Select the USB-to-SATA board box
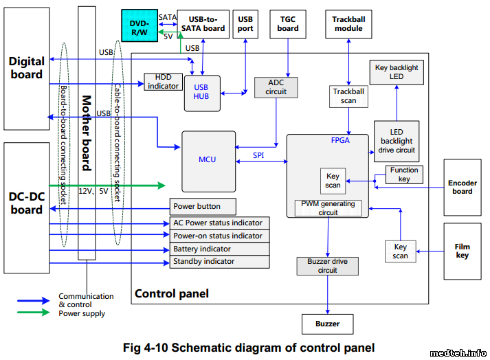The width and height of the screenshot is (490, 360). coord(203,24)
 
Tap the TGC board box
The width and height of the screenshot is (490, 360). coord(288,24)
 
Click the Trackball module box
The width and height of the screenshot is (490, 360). coord(348,24)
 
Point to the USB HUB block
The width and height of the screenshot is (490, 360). coord(201,92)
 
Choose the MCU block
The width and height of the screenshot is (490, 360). coord(207,160)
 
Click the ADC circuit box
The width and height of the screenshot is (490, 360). coord(276,87)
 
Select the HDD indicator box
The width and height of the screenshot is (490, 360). coord(163,82)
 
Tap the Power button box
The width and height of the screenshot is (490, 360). coord(203,206)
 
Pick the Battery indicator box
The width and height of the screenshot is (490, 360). coord(220,249)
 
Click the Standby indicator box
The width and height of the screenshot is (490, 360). coord(220,262)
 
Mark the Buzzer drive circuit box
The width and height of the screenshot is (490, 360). coord(328,266)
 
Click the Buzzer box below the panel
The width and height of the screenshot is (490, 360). coord(328,324)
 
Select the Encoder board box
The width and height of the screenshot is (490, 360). coord(462,187)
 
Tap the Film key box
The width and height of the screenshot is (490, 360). coord(462,251)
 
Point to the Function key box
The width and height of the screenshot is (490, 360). coord(404,175)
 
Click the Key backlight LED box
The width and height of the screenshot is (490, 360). coord(397,72)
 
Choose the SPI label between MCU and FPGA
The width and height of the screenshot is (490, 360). coord(258,156)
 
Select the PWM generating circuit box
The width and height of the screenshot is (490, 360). coord(328,208)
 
